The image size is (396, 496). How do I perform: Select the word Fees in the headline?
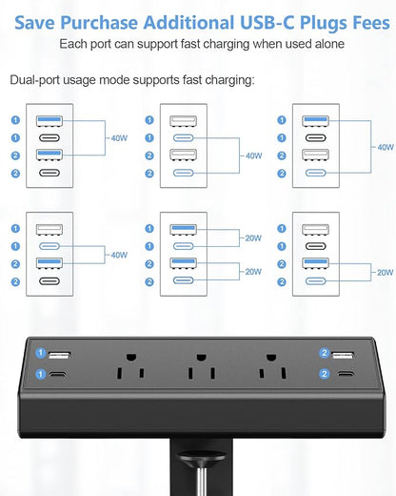[x=357, y=16]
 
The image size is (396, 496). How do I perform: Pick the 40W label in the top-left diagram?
[x=119, y=137]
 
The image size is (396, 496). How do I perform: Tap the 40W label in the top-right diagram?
[x=385, y=147]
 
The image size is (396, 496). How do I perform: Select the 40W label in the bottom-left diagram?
[x=119, y=255]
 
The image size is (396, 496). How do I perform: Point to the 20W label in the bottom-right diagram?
[x=385, y=272]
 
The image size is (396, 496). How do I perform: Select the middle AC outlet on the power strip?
[x=200, y=364]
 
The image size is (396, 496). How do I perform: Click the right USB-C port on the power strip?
[x=344, y=375]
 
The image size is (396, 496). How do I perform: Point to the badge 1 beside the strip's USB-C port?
[x=41, y=374]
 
